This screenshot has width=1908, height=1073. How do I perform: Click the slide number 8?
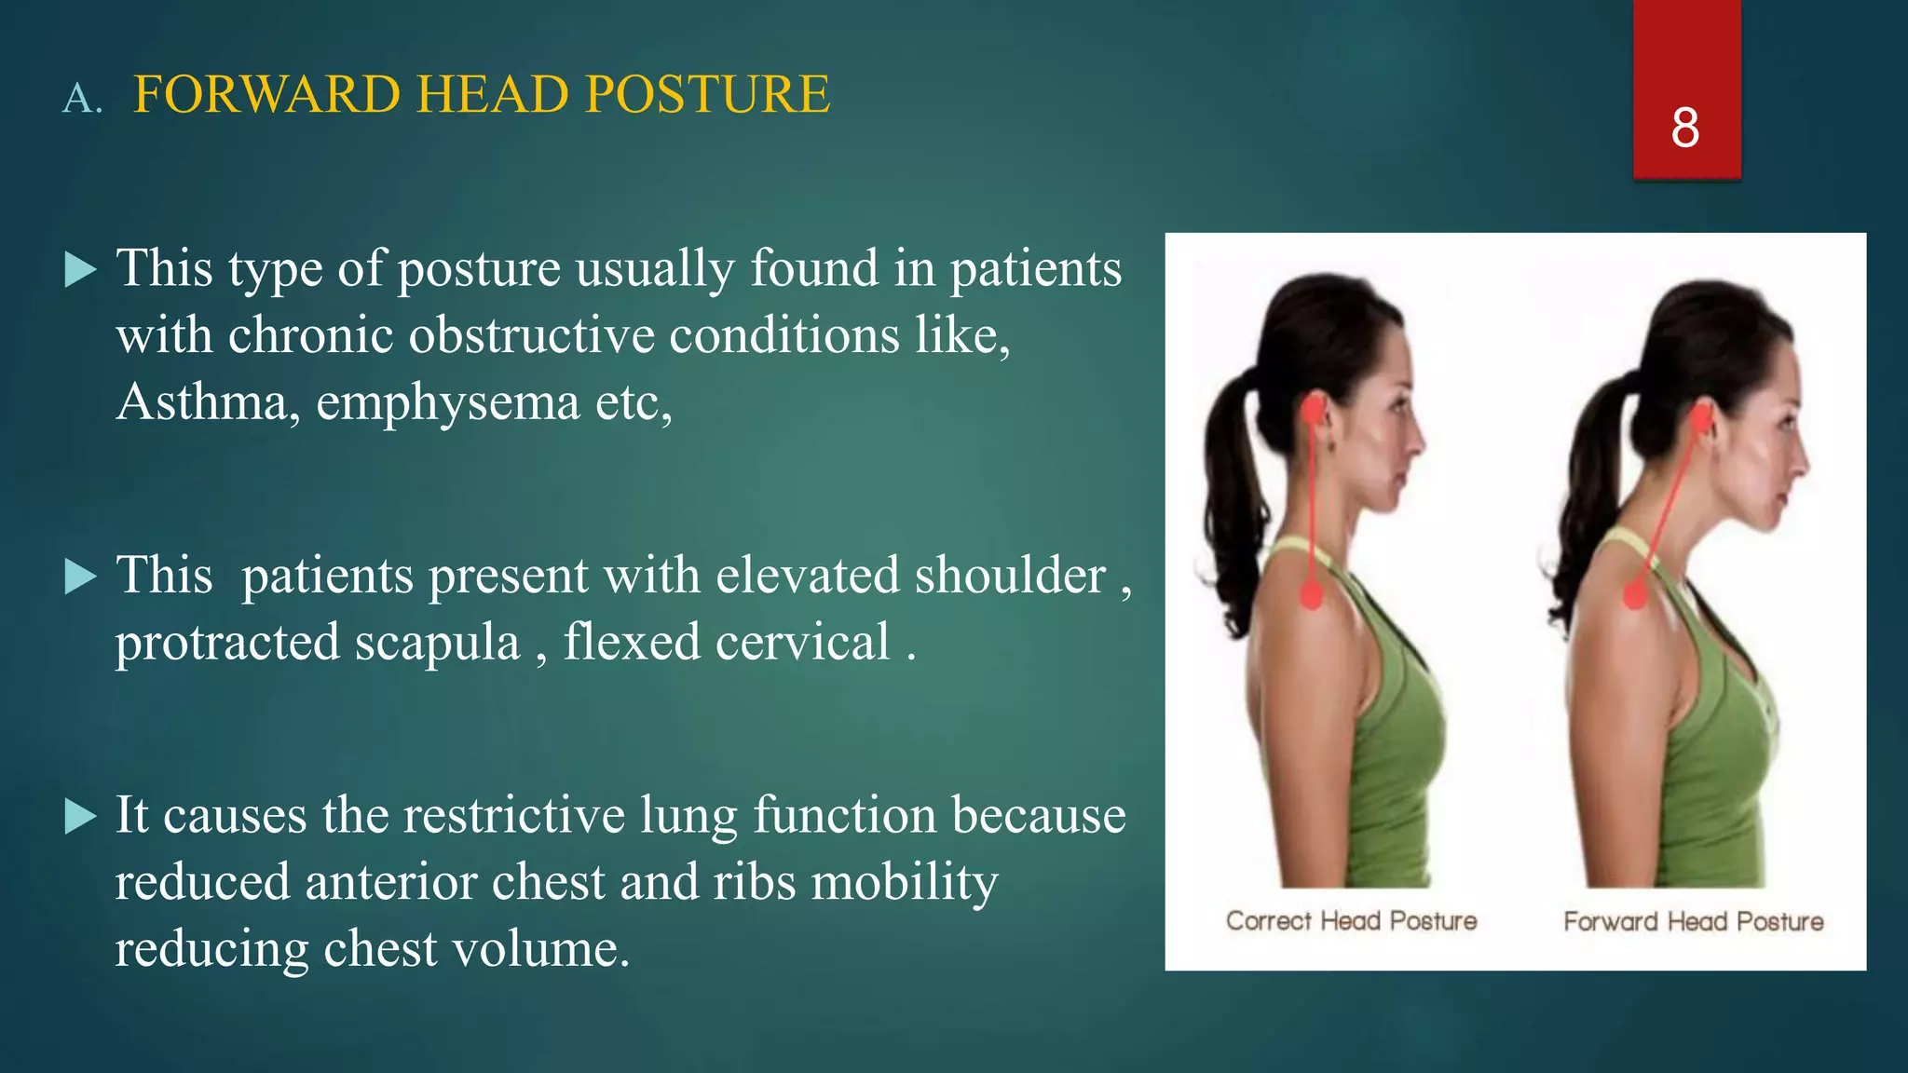[1684, 128]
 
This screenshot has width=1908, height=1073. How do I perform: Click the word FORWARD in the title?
[266, 95]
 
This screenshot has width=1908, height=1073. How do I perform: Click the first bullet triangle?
[81, 271]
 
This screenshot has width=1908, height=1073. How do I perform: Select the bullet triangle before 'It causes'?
[81, 817]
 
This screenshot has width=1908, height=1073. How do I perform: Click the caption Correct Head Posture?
[1351, 921]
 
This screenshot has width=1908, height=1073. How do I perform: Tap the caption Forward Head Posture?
[1693, 921]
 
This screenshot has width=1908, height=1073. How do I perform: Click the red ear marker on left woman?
[1315, 410]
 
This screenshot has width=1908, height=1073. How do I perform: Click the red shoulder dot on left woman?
[1311, 593]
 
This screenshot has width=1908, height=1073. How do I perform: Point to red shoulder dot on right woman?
[1635, 594]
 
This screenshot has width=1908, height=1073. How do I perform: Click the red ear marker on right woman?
[1701, 419]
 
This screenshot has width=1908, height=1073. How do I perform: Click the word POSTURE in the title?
[707, 95]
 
